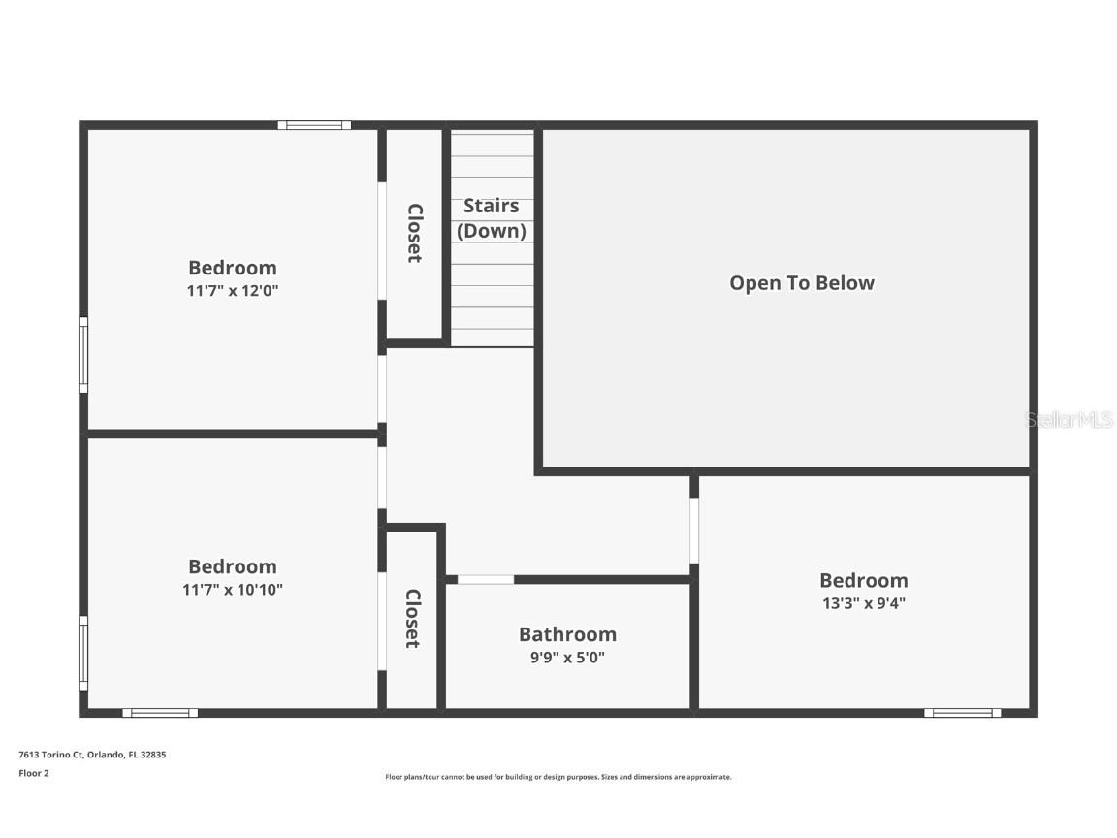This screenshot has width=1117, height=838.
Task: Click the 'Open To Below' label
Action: [802, 283]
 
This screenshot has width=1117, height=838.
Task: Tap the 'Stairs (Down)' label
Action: [492, 218]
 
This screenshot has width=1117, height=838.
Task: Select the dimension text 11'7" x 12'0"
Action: [233, 290]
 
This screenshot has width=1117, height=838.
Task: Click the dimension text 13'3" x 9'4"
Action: [863, 602]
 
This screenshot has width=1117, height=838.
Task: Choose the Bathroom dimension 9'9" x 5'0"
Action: [567, 657]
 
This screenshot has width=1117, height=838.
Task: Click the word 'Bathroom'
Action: [567, 634]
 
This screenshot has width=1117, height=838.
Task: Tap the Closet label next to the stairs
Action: [414, 233]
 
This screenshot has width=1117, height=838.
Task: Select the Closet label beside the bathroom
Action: [413, 619]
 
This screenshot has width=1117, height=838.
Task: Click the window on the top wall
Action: [314, 125]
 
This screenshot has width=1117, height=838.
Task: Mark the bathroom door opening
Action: [486, 580]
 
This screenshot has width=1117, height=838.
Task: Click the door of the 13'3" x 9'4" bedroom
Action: [694, 531]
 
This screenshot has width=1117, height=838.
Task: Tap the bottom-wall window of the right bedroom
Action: [962, 713]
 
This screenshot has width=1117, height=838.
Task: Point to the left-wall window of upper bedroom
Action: [83, 355]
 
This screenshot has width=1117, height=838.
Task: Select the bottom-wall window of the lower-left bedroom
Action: [160, 713]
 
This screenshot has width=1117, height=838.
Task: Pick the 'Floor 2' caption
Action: [34, 773]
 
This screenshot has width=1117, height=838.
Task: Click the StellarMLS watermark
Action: [1069, 420]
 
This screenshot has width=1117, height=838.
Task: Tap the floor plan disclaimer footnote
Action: [558, 777]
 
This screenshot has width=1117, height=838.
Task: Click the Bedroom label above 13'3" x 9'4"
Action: [863, 580]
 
